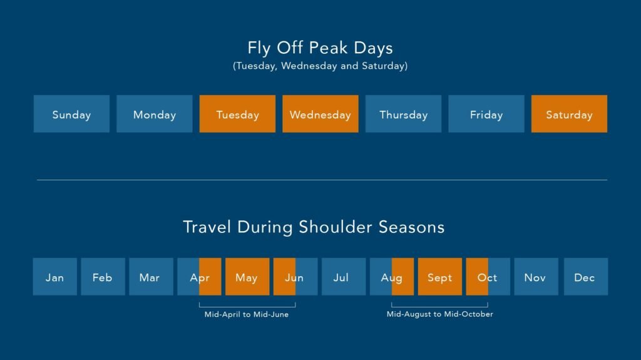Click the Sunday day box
point(71,114)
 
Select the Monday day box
point(155,114)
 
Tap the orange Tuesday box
point(237,114)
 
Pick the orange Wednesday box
point(320,114)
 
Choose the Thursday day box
point(403,114)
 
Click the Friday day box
point(486,114)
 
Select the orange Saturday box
point(569,114)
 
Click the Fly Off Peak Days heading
point(320,48)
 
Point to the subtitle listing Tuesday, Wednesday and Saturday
point(320,66)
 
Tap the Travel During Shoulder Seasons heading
point(314,227)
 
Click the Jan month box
point(55,277)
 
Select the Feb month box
point(103,277)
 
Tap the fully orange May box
point(247,277)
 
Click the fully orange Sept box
point(440,277)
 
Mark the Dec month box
point(585,277)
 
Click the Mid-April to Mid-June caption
point(247,314)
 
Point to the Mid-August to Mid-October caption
point(439,314)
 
